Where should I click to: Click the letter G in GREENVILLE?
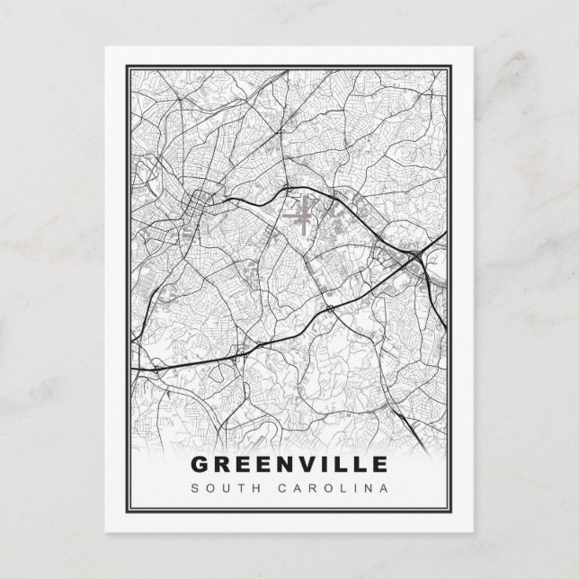pos(200,465)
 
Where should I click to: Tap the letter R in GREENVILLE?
pos(223,465)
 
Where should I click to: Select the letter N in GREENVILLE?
pos(289,465)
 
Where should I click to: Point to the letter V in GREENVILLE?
pos(313,465)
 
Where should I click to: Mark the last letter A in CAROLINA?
pos(385,489)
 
